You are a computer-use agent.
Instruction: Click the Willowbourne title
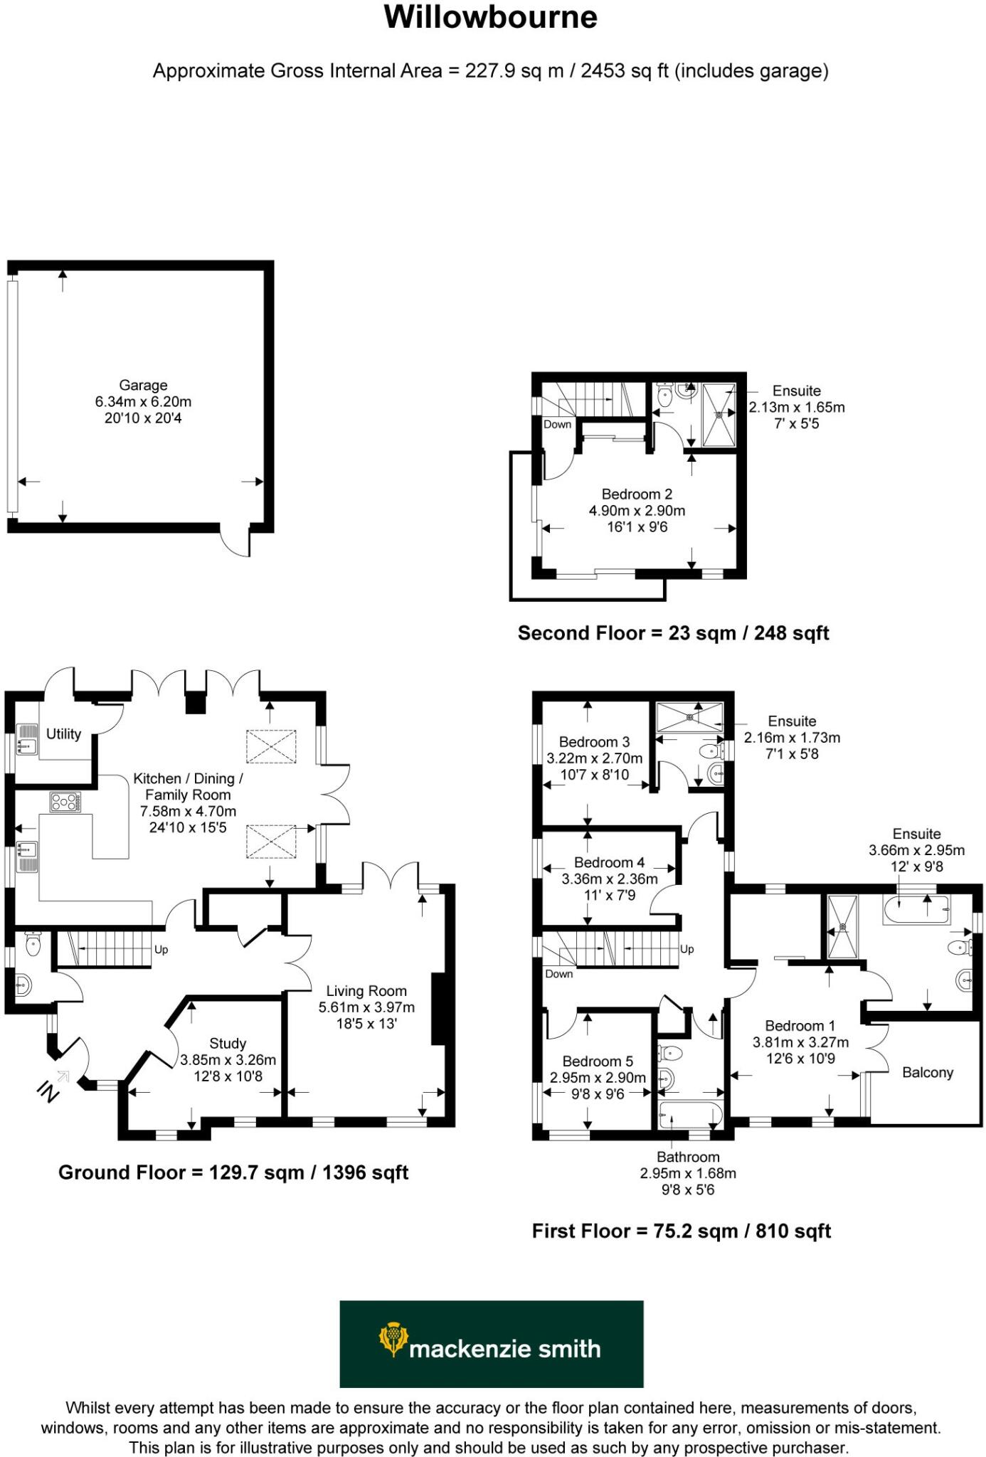[x=490, y=18]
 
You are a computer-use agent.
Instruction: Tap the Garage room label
[x=143, y=386]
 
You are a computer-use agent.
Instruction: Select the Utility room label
[x=63, y=733]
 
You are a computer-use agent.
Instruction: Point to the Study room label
[x=228, y=1043]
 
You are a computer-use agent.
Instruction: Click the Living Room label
[x=366, y=991]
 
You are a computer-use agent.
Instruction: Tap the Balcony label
[x=927, y=1072]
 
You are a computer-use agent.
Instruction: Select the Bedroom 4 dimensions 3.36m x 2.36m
[x=610, y=879]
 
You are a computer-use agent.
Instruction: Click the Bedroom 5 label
[x=598, y=1061]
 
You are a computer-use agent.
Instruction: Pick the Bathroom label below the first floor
[x=688, y=1157]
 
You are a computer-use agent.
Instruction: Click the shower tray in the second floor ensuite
[x=719, y=413]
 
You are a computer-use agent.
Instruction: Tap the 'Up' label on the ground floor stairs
[x=161, y=950]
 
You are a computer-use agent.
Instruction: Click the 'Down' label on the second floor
[x=557, y=424]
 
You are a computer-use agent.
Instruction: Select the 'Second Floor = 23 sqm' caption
[x=673, y=633]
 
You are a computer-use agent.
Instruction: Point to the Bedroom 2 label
[x=637, y=494]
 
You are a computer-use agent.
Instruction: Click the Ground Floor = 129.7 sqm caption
[x=233, y=1172]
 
